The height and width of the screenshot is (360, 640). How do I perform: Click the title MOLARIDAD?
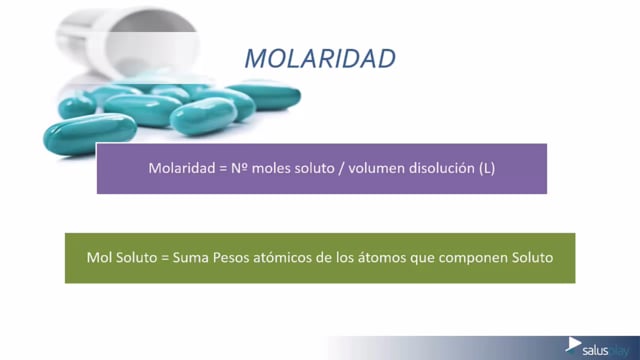coord(320,58)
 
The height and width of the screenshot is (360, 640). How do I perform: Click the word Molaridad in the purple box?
coord(182,168)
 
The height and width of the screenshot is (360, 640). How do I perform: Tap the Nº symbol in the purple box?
coord(239,168)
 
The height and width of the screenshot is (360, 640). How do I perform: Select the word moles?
coord(271,168)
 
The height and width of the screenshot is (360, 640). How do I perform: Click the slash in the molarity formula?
coord(341,168)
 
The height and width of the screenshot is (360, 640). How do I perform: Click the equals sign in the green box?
coord(165,258)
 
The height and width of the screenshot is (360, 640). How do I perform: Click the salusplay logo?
coord(597,348)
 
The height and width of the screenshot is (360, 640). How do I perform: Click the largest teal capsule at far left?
coord(90,134)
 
